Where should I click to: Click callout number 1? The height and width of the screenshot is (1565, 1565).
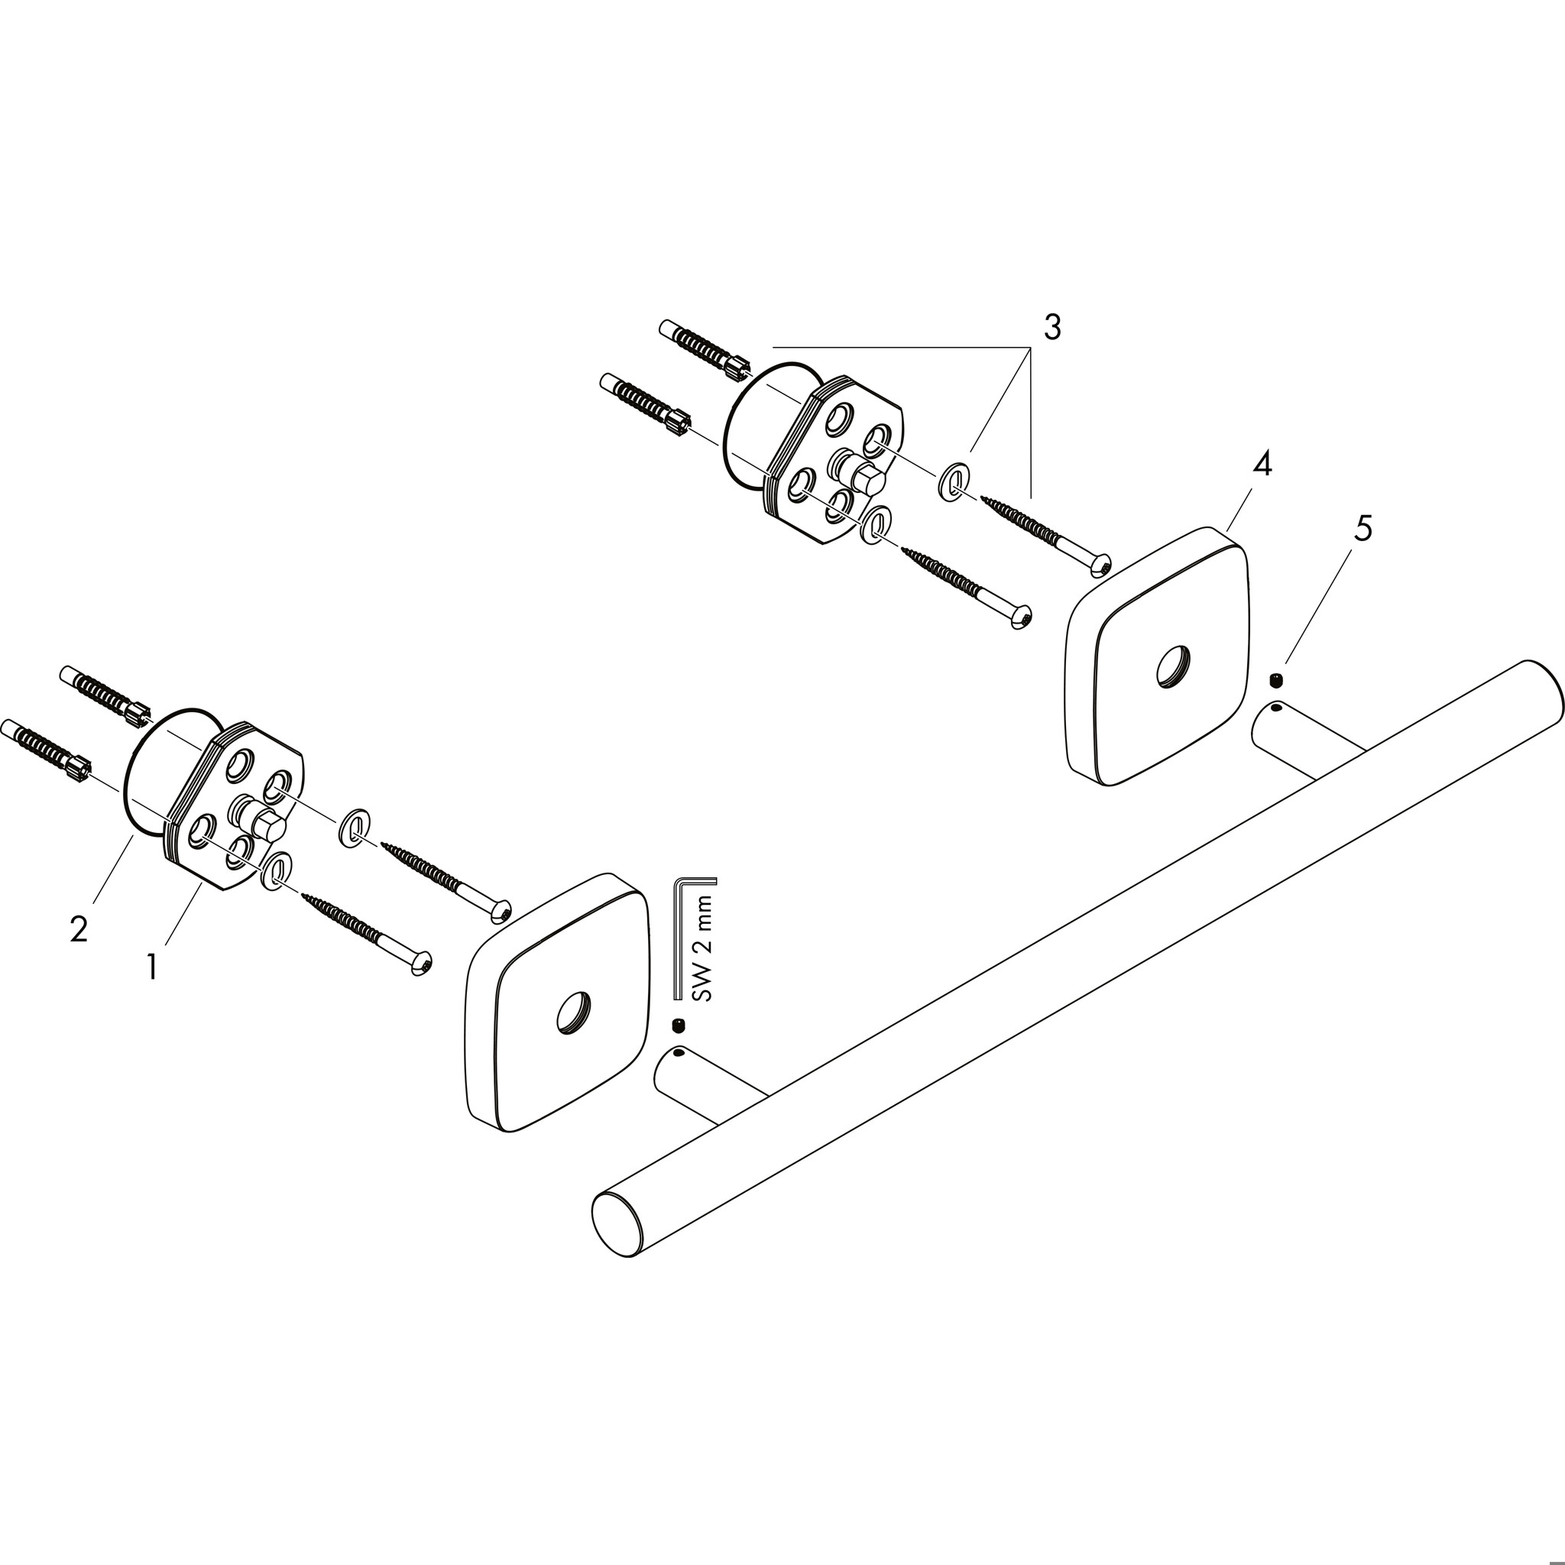click(x=152, y=967)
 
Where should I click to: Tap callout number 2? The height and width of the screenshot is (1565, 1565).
click(x=79, y=928)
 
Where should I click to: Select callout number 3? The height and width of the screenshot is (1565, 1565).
click(x=1051, y=327)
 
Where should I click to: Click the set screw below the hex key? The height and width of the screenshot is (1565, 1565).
click(x=677, y=1026)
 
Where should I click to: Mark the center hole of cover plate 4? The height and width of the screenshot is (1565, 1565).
click(x=1173, y=667)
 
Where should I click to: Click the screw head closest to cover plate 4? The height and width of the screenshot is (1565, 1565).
click(x=1099, y=565)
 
